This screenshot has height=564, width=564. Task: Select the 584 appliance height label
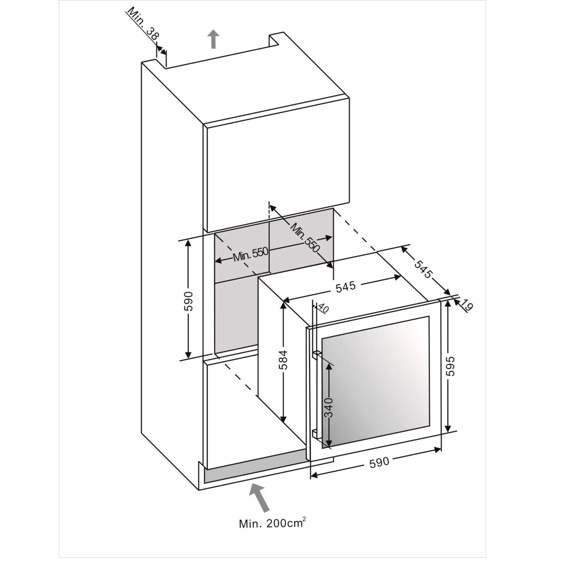coord(283,360)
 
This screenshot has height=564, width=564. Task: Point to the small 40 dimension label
coord(322,308)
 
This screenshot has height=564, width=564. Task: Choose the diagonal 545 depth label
coord(423,270)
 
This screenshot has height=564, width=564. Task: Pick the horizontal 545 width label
coord(346,286)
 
